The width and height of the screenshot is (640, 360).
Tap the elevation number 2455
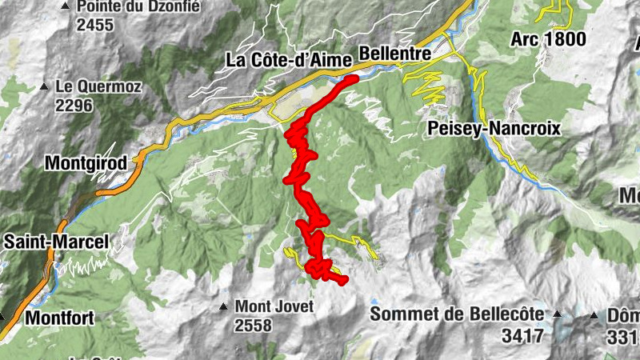pos(95,25)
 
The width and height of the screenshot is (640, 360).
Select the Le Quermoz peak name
pos(98,86)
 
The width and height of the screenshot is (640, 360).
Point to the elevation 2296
pos(74,105)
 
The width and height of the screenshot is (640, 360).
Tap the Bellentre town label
pos(396,53)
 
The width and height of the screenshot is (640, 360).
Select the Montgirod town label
pos(86,163)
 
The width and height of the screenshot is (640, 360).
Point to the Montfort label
pos(59,318)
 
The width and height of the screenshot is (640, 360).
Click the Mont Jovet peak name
pos(270,306)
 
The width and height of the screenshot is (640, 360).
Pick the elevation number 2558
pos(254,326)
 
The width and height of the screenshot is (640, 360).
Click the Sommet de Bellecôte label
pos(457,314)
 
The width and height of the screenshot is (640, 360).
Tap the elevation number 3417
pos(523,335)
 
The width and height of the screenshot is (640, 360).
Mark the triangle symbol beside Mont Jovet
pos(224,306)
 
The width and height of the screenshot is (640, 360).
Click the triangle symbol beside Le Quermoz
pos(45,86)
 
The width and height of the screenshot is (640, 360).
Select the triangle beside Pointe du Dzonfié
pos(65,7)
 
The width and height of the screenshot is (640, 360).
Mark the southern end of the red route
pos(343,281)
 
